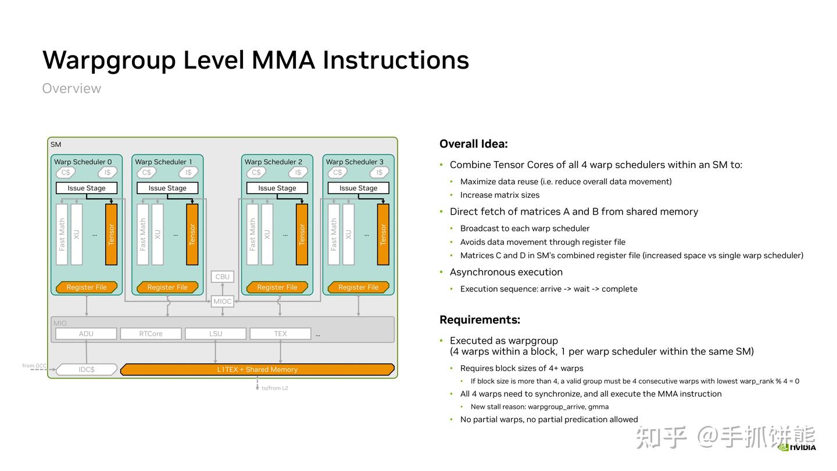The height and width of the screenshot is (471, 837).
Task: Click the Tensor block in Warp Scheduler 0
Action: coord(112,234)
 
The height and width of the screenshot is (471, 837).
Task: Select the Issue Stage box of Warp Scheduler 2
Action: coord(277,188)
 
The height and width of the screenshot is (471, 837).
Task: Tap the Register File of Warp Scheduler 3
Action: coord(358,287)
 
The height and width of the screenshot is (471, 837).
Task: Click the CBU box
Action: coord(222,277)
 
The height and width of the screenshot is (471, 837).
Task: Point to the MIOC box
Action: coord(222,301)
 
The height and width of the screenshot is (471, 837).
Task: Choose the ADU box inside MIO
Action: coord(86,333)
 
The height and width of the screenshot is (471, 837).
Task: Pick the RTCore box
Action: coord(151,333)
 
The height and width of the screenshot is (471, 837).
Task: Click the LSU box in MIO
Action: coord(216,333)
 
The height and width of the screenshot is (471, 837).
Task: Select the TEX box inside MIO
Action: coord(280,333)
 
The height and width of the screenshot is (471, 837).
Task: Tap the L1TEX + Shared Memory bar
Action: coord(257,369)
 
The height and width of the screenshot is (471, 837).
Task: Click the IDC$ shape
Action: coord(86,369)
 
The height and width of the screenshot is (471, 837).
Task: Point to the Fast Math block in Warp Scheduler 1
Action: coord(143,234)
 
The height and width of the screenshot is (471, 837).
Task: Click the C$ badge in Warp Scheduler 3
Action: coord(337,172)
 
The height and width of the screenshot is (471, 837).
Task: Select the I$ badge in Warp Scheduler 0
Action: coord(107,172)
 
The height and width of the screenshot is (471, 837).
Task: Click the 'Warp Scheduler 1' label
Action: coord(163,162)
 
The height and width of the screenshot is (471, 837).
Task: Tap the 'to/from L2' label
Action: coord(274,388)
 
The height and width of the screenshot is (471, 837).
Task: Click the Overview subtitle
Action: coord(71,88)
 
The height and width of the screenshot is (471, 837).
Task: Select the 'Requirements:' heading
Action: coord(480,320)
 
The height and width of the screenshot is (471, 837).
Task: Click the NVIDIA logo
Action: coord(797,447)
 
